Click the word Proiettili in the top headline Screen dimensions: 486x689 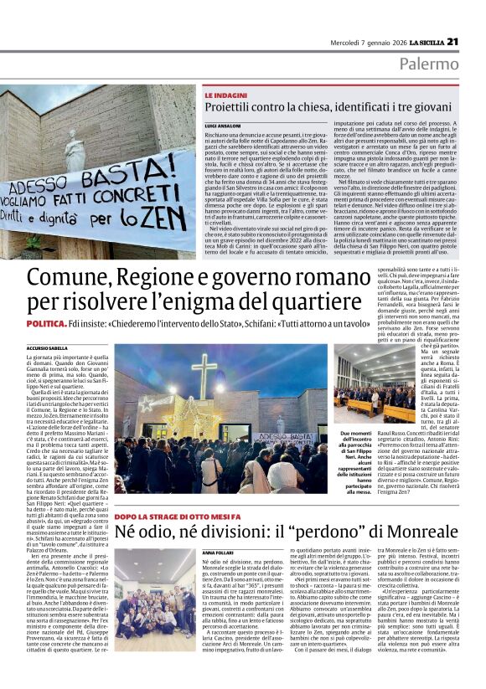click(235, 110)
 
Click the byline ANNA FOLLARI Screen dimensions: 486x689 click(215, 554)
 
